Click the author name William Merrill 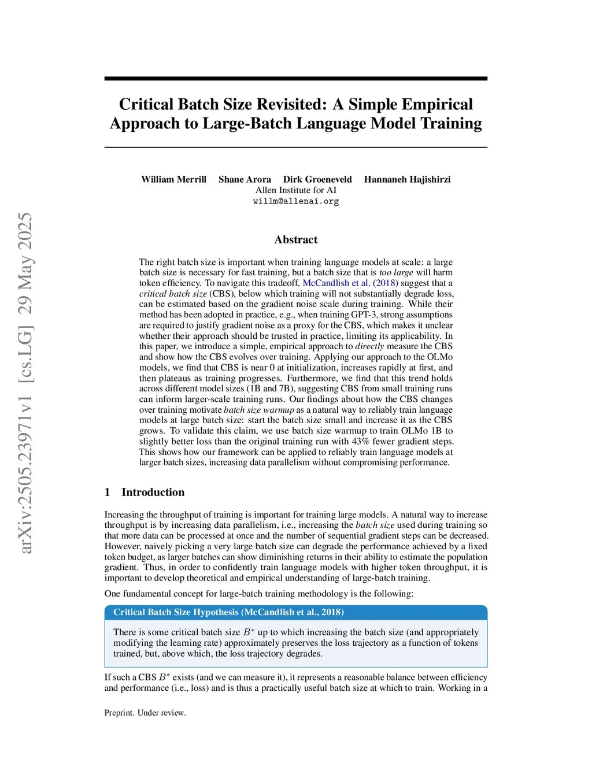[173, 179]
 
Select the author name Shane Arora [245, 179]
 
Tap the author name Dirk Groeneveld [317, 179]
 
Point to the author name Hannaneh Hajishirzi [407, 179]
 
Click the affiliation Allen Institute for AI [296, 190]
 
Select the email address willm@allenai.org [296, 201]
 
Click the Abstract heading [296, 239]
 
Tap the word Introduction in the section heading [153, 492]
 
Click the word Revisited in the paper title [291, 104]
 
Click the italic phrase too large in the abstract [396, 272]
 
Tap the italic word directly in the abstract [369, 346]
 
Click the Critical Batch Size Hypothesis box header [228, 612]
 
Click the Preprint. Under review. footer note [145, 713]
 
